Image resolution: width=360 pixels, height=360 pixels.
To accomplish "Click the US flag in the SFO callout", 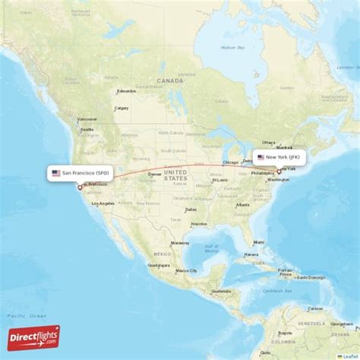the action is point(56,173).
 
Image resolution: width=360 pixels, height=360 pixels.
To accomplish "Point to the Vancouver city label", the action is point(87,119).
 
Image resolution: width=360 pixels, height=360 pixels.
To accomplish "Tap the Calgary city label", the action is point(121,108).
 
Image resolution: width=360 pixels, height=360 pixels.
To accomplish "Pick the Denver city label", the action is point(155,174).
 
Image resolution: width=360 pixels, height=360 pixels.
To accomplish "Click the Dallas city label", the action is point(190,210).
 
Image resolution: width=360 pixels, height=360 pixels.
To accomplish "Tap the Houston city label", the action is point(199,225).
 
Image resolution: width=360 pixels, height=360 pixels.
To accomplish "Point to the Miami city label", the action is point(260,243).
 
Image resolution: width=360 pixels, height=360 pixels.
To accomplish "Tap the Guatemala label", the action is point(220,291).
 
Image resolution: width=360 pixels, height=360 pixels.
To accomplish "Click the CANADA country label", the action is point(166,80).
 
